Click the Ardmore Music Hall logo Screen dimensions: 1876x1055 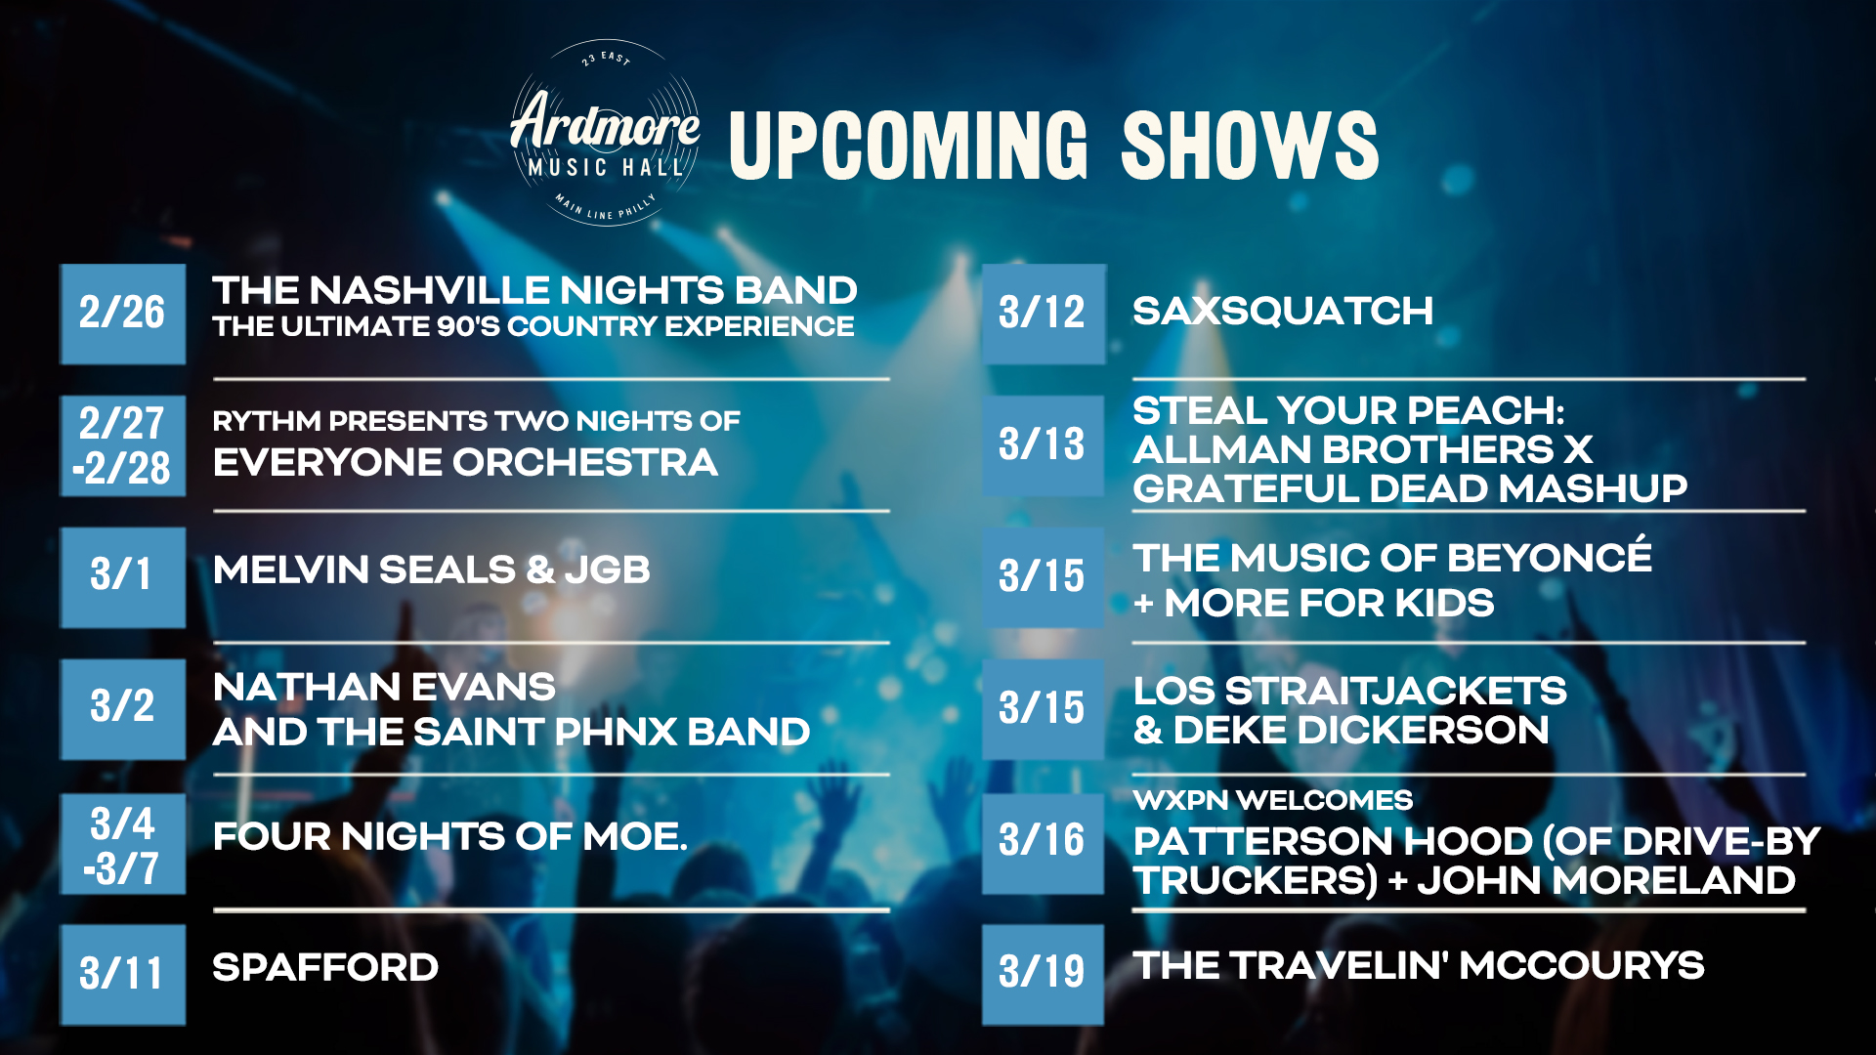coord(604,134)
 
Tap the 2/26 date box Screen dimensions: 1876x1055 coord(123,314)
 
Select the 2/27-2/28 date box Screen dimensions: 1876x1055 coord(123,445)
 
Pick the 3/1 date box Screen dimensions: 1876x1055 coord(123,577)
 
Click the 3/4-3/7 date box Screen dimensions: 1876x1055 coord(123,844)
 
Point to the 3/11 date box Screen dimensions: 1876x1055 coord(123,974)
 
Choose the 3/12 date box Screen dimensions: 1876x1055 coord(1044,314)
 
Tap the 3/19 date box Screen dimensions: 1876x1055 coord(1044,974)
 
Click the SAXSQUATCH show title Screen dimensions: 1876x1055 coord(1283,312)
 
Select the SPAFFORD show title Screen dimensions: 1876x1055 coord(325,968)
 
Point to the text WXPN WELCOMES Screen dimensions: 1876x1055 coord(1273,800)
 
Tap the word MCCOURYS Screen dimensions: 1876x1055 coord(1583,966)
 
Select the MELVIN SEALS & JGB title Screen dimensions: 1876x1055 coord(432,570)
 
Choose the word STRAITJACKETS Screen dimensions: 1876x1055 coord(1396,692)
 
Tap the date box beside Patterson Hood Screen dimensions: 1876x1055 coord(1044,844)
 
